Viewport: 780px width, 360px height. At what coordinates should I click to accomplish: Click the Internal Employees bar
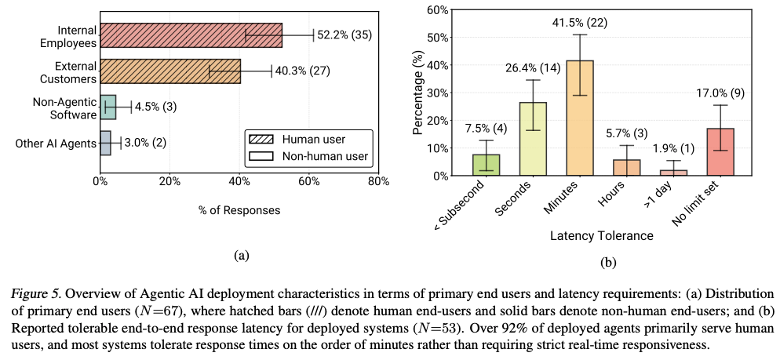(191, 35)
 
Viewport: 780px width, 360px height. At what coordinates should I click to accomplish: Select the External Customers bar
(170, 71)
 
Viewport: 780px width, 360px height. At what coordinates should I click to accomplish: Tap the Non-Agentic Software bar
(108, 107)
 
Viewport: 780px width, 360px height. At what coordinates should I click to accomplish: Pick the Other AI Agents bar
(105, 144)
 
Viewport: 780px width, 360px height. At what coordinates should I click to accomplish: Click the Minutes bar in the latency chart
(580, 118)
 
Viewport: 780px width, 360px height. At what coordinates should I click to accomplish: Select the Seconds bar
(534, 139)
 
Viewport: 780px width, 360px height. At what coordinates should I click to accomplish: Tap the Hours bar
(626, 167)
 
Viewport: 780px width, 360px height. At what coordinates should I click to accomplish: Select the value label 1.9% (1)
(672, 149)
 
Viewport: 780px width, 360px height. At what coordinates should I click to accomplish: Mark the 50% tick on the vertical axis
(439, 38)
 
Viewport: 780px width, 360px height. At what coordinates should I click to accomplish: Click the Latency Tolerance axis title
(603, 235)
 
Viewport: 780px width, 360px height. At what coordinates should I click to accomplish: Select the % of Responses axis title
(239, 210)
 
